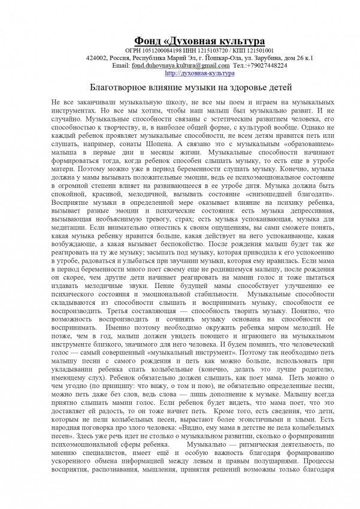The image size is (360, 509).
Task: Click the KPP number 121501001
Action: pos(256,50)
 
